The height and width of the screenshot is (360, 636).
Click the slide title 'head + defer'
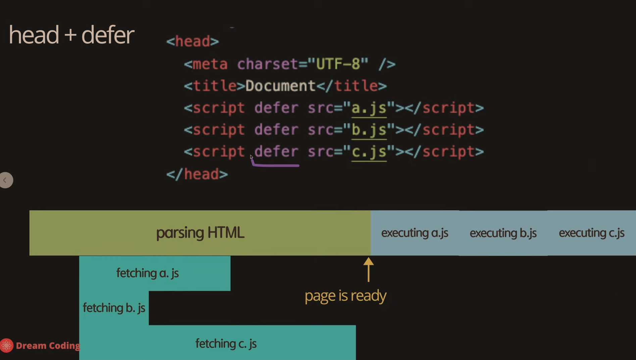click(71, 35)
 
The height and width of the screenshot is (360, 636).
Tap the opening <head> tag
click(192, 42)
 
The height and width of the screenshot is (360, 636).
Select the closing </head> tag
click(197, 174)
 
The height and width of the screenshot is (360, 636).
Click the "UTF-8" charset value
click(338, 64)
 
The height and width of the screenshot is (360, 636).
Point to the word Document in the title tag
click(280, 86)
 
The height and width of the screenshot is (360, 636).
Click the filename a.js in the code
click(369, 108)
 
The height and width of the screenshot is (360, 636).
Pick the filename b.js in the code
click(369, 130)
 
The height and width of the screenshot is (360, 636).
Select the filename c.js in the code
click(369, 152)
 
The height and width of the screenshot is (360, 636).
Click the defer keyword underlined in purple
click(276, 152)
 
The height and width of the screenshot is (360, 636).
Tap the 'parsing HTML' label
click(200, 233)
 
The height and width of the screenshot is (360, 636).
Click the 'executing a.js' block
click(414, 233)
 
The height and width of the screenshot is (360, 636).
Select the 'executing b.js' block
click(503, 233)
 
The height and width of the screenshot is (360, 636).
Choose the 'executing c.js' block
click(591, 233)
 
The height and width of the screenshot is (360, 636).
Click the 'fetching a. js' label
click(147, 273)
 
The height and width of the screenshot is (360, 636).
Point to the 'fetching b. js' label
click(114, 308)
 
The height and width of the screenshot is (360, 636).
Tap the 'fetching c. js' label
click(226, 344)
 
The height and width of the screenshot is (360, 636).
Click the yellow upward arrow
click(369, 269)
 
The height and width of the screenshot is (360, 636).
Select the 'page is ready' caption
click(345, 296)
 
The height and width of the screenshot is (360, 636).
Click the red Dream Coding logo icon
click(6, 346)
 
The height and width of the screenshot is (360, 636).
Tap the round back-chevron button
click(6, 180)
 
